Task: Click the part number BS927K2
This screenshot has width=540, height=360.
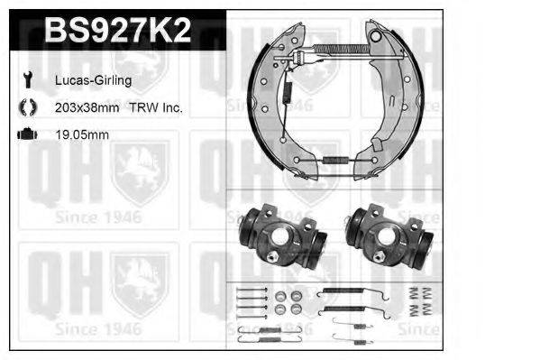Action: point(117,32)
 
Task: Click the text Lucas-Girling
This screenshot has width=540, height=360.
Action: point(94,80)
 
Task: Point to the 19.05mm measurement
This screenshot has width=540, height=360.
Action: point(82,134)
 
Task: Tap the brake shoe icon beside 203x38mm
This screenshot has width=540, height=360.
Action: point(26,107)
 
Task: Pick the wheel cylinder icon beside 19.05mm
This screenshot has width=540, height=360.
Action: point(26,134)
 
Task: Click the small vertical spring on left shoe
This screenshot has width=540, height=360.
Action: point(289,91)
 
